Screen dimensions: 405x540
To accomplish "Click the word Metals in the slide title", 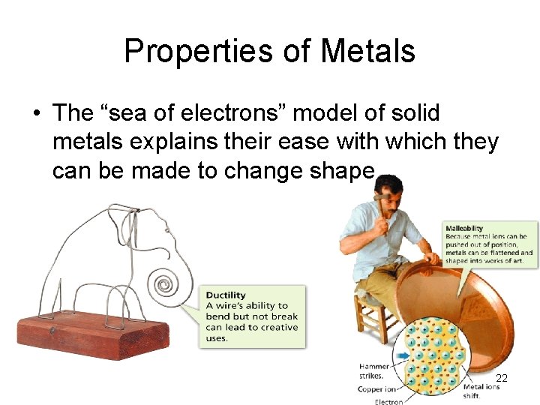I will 367,51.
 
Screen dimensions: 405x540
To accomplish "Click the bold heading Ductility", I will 226,295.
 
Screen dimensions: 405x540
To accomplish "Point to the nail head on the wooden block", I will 52,328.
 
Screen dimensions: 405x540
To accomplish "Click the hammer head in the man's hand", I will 383,196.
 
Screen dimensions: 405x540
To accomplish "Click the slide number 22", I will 502,379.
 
